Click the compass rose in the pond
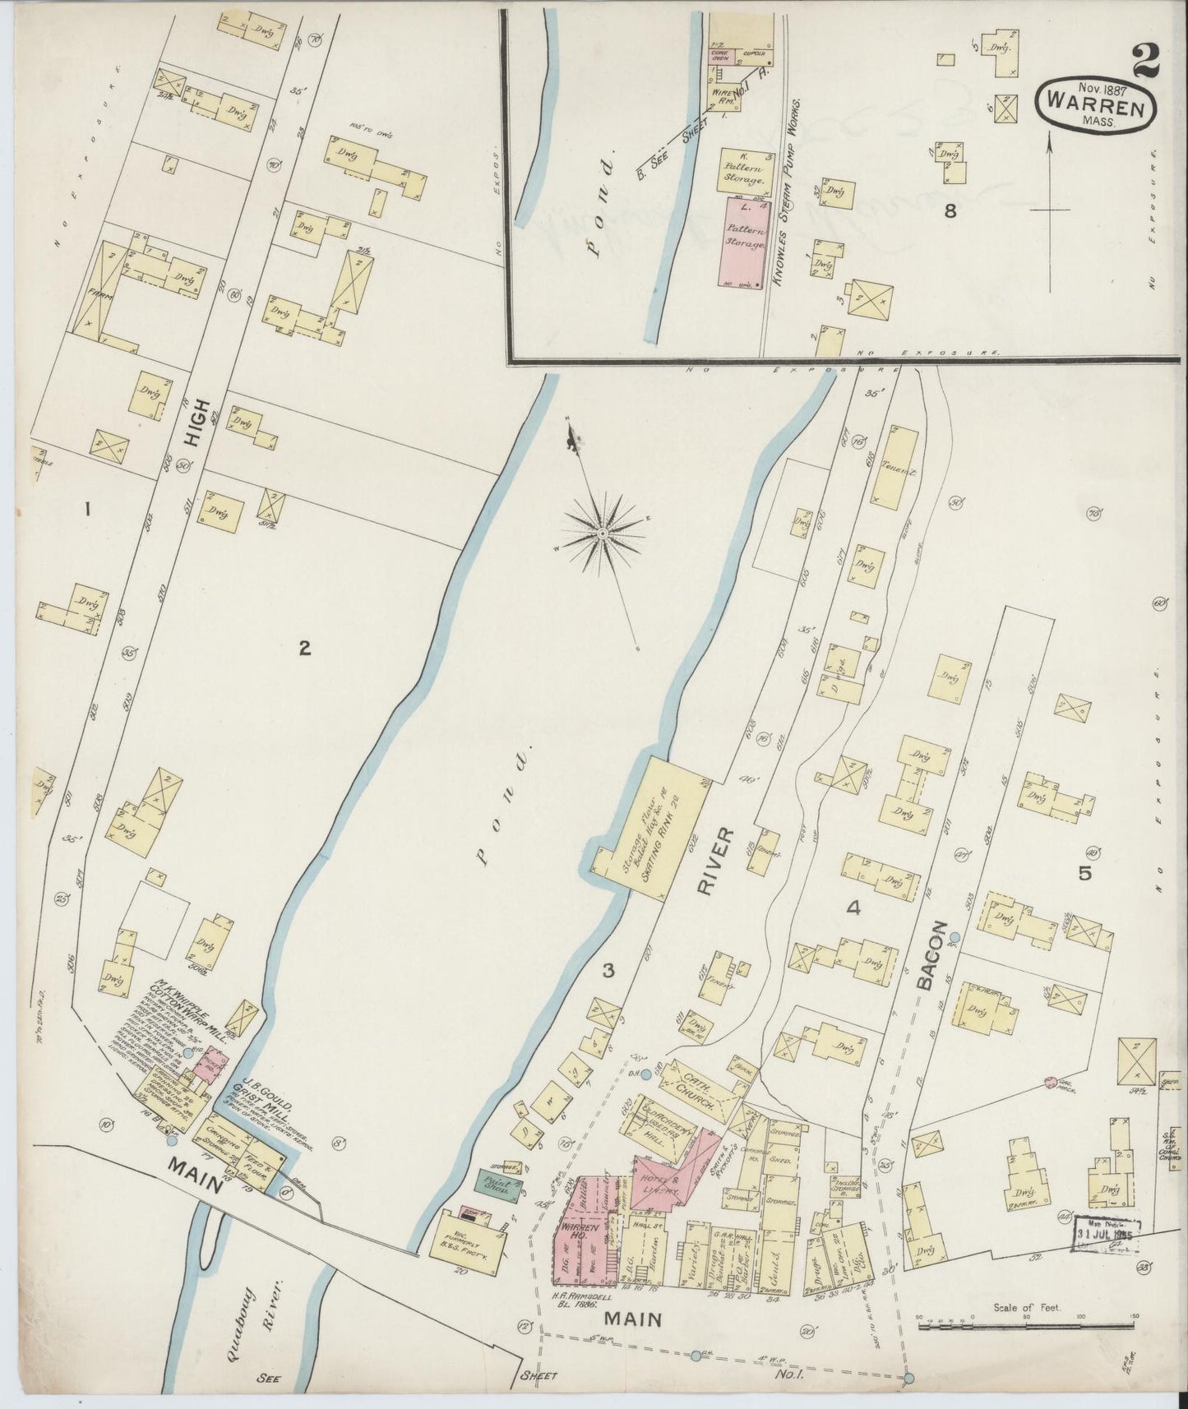(x=603, y=534)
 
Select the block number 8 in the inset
(x=950, y=211)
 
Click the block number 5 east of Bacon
(x=1084, y=874)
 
